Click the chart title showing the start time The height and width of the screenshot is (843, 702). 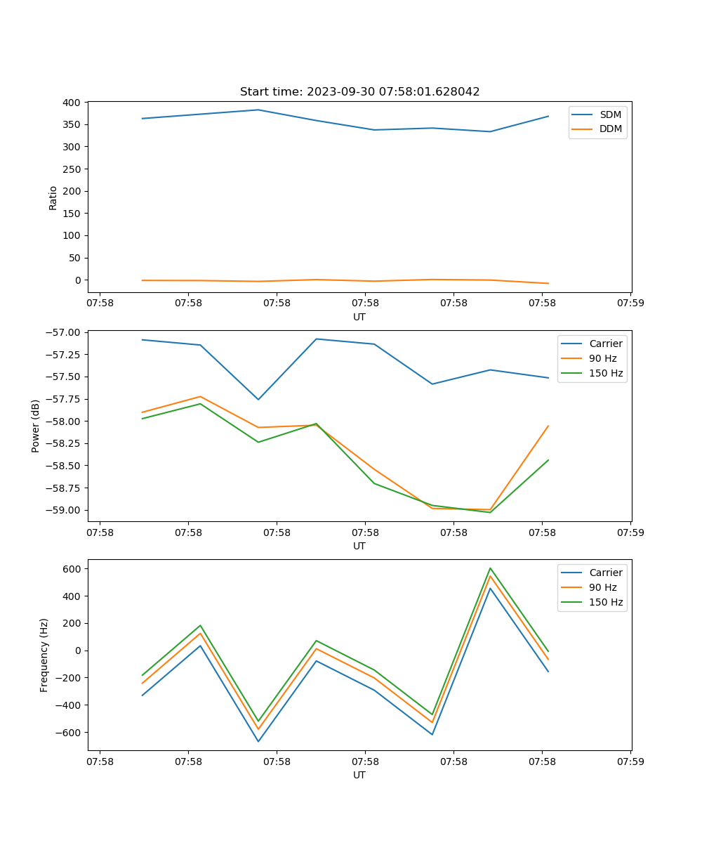359,92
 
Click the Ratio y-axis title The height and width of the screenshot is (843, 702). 53,197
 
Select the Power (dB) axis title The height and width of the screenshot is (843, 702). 36,426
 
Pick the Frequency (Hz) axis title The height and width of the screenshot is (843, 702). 44,655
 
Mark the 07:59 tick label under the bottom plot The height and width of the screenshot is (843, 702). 630,762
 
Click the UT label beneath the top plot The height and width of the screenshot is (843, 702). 359,317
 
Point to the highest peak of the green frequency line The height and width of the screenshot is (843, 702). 490,568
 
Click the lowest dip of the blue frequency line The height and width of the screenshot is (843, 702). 258,741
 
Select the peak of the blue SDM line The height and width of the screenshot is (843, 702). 258,110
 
